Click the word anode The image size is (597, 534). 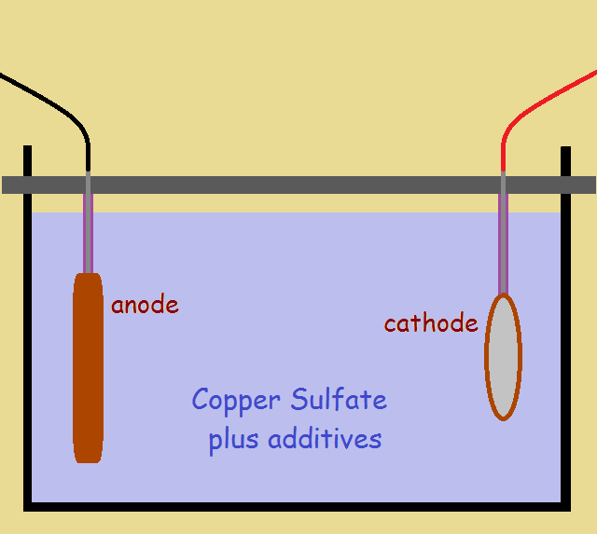[x=145, y=305]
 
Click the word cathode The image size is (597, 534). [x=431, y=323]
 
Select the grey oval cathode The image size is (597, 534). [x=503, y=357]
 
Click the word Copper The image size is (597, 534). [x=237, y=401]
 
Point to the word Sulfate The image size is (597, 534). [x=338, y=400]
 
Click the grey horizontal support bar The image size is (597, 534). [x=298, y=185]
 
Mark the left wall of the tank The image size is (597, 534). [x=28, y=354]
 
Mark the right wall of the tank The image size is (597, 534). [x=565, y=354]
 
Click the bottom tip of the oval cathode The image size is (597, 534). [x=503, y=418]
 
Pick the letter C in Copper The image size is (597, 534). [x=200, y=400]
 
